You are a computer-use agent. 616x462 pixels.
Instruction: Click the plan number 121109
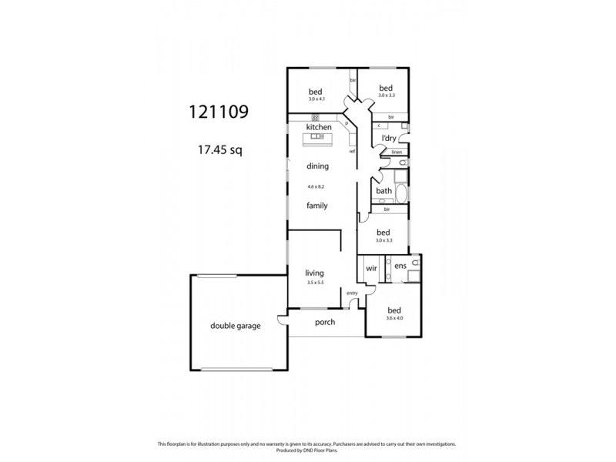pos(219,112)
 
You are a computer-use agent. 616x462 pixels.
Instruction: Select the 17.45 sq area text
pos(220,150)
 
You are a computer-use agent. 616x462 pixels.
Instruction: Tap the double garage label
pos(236,326)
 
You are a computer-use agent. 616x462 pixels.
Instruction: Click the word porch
pos(325,322)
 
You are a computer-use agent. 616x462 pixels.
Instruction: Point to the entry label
pos(353,293)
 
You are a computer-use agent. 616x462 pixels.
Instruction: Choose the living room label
pos(313,273)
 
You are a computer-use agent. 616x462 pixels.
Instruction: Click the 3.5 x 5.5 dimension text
pos(313,283)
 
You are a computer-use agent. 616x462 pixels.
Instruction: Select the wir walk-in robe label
pos(370,268)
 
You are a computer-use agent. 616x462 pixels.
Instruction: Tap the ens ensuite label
pos(400,266)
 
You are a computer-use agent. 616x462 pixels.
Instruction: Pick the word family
pos(317,206)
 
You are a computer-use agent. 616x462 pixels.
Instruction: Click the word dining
pos(317,166)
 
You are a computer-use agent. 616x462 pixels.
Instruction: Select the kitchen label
pos(319,126)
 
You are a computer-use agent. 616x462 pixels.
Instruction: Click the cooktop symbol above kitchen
pos(316,117)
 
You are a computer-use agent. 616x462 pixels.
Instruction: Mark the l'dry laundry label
pos(389,138)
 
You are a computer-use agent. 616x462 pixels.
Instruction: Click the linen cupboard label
pos(396,152)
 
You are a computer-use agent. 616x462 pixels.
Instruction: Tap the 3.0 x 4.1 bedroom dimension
pos(316,99)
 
